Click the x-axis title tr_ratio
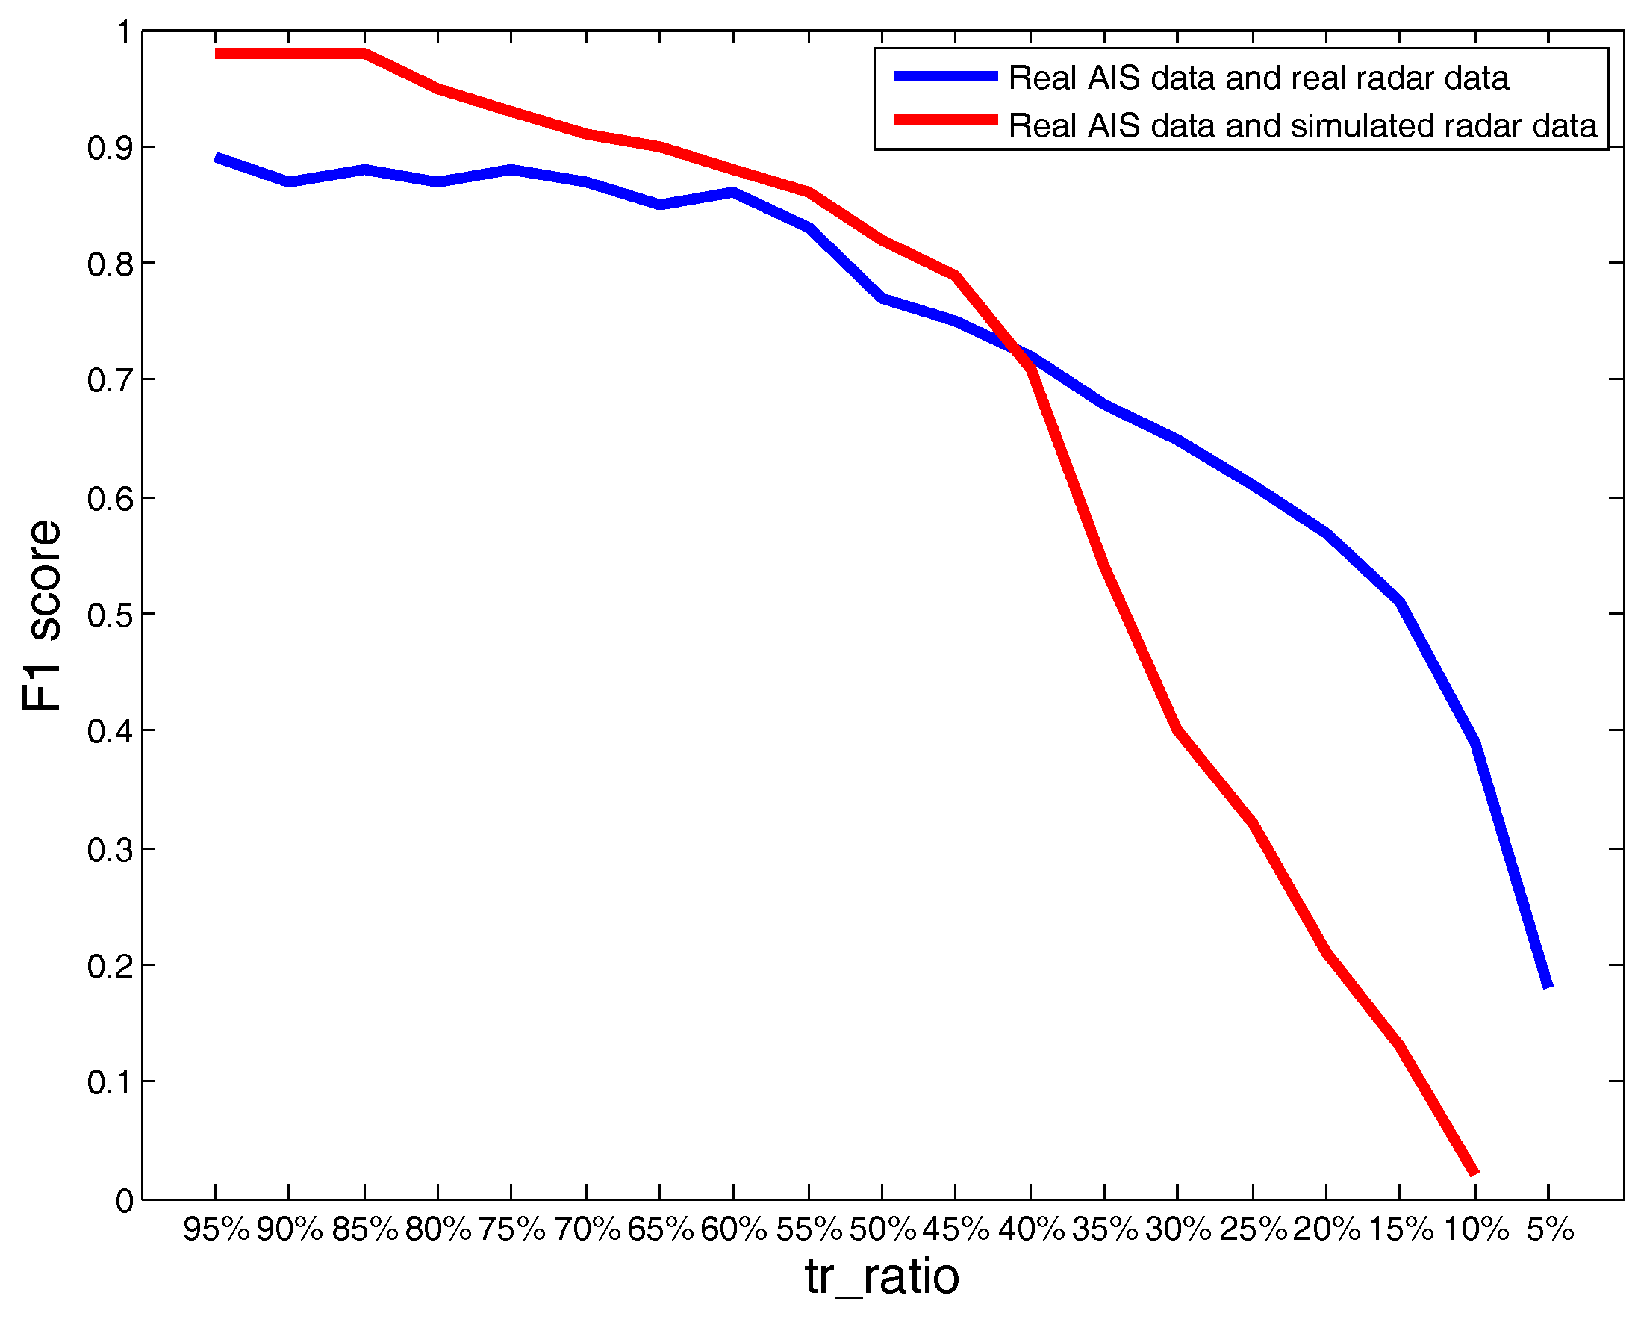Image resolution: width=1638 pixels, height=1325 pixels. pos(882,1276)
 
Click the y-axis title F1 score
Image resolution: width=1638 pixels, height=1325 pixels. pos(42,616)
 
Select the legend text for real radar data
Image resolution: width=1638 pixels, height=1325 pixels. pos(1258,78)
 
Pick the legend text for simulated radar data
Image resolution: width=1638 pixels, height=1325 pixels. pos(1302,126)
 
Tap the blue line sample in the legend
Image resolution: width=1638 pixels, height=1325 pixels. pos(945,76)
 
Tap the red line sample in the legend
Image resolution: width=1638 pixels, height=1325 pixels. pos(945,119)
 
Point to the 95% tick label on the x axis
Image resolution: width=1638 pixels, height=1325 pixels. pos(216,1229)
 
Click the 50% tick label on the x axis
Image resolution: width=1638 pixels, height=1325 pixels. pos(882,1229)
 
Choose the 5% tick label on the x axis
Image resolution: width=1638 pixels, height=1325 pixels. pos(1549,1229)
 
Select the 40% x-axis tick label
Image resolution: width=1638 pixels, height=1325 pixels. pos(1031,1229)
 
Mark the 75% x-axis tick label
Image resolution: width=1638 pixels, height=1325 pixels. pos(512,1229)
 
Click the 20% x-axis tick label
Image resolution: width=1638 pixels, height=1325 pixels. pos(1327,1229)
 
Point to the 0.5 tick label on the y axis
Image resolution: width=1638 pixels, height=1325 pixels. pos(110,615)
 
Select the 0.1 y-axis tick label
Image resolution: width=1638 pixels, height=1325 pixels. pos(110,1082)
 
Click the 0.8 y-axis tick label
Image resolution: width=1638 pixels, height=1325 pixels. pos(110,265)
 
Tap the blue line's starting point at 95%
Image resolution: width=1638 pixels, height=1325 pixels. pos(217,158)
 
